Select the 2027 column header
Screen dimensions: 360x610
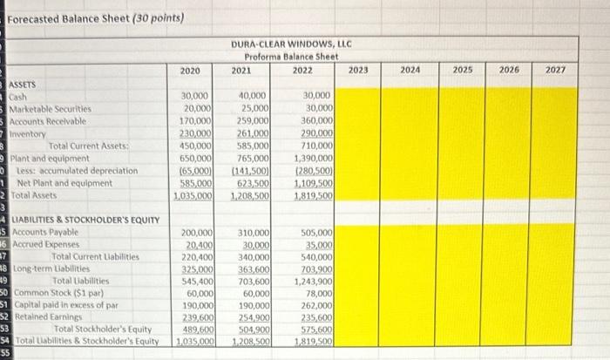click(x=556, y=70)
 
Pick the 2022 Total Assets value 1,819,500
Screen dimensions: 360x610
click(x=314, y=196)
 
